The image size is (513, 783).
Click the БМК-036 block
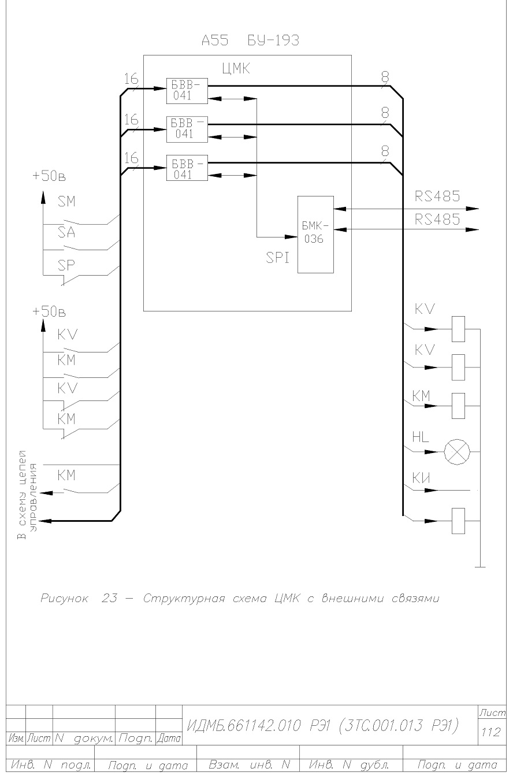pos(315,234)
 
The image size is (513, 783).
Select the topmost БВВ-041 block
pos(187,91)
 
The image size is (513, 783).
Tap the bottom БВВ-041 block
pos(187,168)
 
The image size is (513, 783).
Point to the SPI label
pos(277,258)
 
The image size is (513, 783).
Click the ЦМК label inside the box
pos(236,69)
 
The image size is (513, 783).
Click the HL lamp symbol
pos(457,452)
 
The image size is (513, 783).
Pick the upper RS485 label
pos(437,196)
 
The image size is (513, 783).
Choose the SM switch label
pos(66,201)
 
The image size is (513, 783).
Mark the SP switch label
pos(66,266)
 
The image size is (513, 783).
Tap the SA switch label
pos(66,232)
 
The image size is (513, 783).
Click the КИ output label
pos(421,478)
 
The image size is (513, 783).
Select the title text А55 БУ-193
pos(251,40)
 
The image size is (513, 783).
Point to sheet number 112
pos(491,732)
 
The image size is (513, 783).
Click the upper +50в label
pos(49,176)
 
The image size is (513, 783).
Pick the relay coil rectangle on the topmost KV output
pos(458,329)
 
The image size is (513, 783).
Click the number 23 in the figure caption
pos(109,598)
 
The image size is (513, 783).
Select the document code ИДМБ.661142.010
pos(244,726)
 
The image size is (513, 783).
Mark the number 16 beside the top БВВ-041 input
pos(131,79)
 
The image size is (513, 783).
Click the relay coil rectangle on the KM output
pos(458,406)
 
